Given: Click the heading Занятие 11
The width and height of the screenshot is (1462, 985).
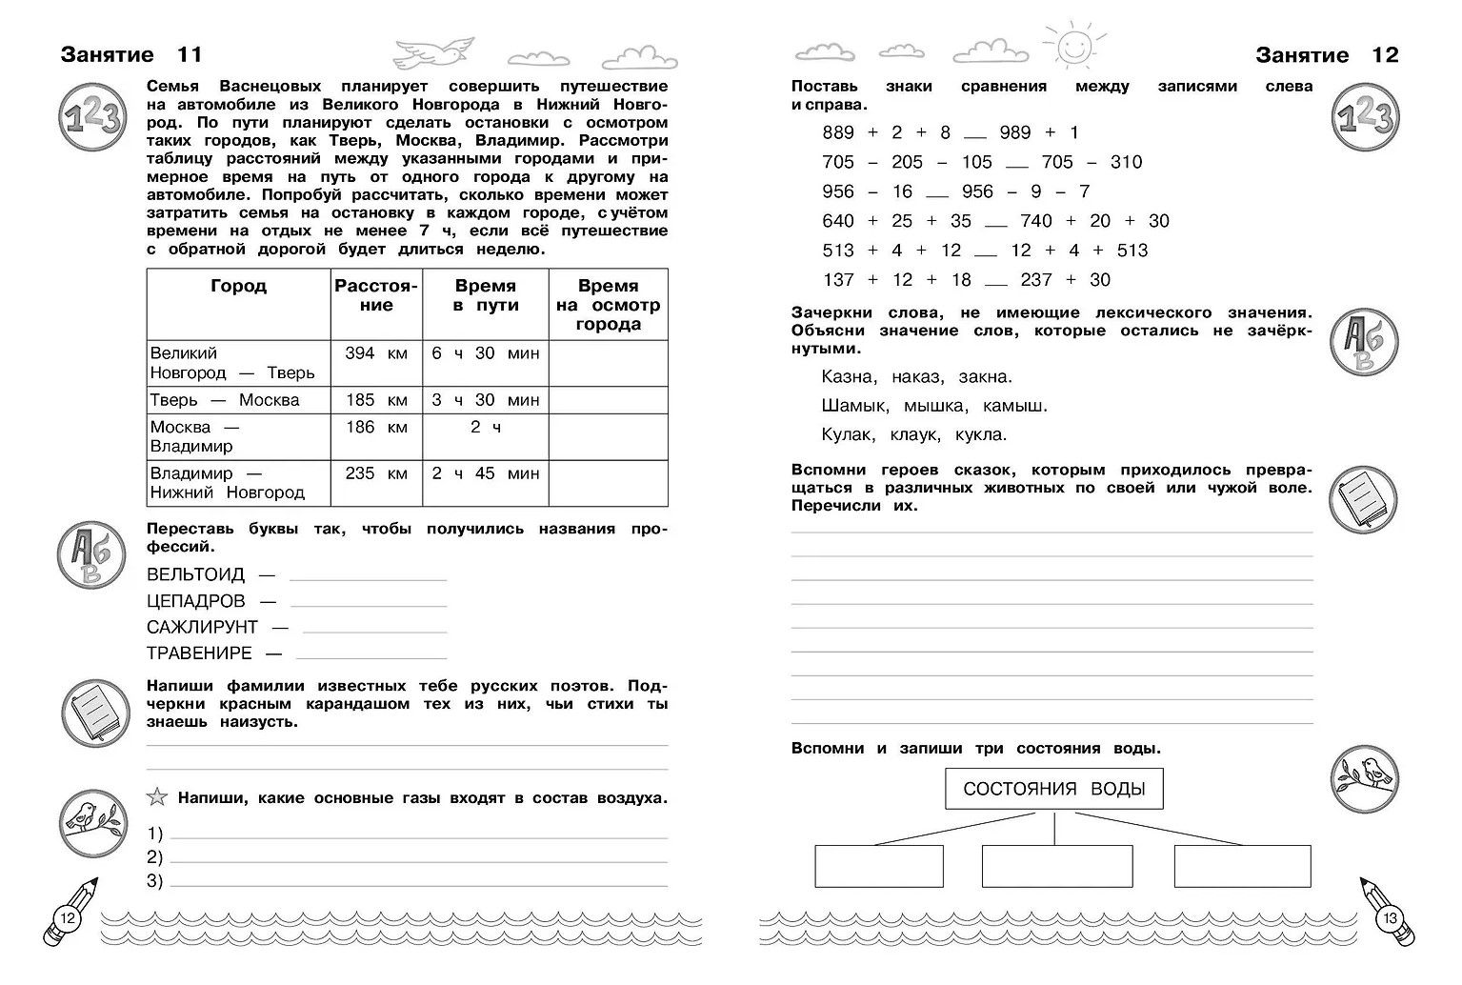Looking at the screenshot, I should point(131,54).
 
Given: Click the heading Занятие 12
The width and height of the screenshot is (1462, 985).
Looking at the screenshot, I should point(1327,54).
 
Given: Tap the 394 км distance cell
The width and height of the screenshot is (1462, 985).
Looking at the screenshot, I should point(376,353).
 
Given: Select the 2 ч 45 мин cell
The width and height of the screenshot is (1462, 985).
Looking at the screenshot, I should point(485,473).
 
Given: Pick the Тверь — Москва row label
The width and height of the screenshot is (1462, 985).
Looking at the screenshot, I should point(225,400).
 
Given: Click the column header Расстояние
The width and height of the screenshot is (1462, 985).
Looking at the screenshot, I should point(376,295).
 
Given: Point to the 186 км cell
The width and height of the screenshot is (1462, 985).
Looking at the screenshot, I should point(376,427).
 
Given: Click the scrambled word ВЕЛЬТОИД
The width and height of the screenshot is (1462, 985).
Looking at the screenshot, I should point(196,574).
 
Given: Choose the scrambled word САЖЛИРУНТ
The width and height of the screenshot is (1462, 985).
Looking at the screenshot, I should point(203,627).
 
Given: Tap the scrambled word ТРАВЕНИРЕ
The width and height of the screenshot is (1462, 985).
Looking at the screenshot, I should point(200,653).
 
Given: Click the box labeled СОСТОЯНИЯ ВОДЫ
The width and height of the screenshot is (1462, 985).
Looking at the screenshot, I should point(1054,789).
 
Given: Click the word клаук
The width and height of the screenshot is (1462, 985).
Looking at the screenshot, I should point(915,434).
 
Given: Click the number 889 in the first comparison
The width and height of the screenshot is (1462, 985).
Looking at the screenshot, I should point(838,132).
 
